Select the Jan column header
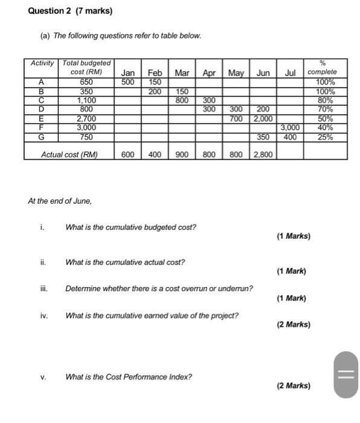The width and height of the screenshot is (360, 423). coord(127,73)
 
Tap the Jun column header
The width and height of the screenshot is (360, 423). coord(263,73)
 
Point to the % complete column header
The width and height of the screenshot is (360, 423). coord(322,68)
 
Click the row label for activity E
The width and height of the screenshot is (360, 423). coord(41,119)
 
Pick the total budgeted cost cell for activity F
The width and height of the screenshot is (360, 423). coord(86,128)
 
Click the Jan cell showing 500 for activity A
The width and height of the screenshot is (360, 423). coord(127,82)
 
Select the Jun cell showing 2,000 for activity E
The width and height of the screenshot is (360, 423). coord(263,119)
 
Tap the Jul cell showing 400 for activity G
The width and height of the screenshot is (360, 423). coord(290,137)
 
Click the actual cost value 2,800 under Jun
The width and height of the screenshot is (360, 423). coord(263,155)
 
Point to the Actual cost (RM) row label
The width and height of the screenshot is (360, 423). coord(69,155)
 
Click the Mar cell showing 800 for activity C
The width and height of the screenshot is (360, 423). coord(182,101)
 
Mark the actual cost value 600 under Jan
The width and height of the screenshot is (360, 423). coord(127,155)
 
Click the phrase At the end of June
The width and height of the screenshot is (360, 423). coord(60,201)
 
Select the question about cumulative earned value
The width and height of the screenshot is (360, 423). coord(152,316)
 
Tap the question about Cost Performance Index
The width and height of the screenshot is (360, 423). coord(129,377)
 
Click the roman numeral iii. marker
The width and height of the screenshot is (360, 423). coord(43,289)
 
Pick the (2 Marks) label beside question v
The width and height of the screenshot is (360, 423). coord(294,386)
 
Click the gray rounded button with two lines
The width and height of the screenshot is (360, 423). coord(346,376)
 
